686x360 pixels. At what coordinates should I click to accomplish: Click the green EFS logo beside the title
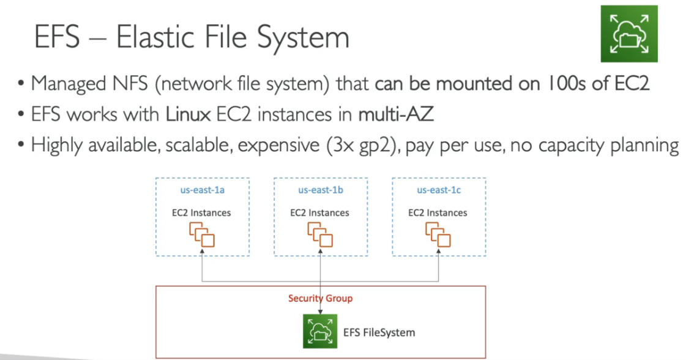[x=628, y=33]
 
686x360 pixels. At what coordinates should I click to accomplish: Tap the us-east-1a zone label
[x=202, y=190]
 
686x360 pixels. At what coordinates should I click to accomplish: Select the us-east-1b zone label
[x=320, y=190]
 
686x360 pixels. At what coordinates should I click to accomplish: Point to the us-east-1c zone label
[x=439, y=190]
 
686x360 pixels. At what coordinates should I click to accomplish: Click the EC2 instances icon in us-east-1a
[x=202, y=234]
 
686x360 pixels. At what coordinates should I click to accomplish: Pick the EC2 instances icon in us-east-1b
[x=320, y=234]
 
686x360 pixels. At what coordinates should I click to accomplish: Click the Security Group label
[x=320, y=298]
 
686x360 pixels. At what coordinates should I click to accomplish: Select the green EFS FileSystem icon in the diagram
[x=320, y=331]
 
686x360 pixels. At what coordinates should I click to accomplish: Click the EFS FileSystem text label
[x=379, y=332]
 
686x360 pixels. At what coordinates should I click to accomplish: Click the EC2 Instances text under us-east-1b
[x=320, y=213]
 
